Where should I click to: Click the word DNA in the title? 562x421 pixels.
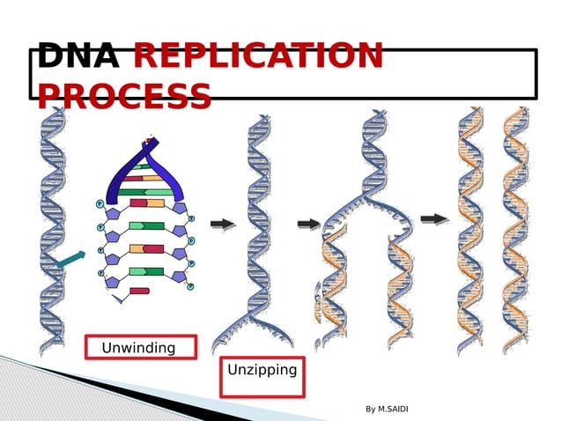pos(78,56)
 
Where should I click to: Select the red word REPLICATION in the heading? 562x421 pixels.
pos(257,56)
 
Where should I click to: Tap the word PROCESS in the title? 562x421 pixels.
pos(124,96)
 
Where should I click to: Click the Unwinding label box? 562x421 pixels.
pos(140,348)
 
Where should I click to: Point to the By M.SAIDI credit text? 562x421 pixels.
pos(387,409)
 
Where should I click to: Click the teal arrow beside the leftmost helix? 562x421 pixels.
pos(70,259)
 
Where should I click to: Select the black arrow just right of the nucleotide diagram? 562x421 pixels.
pos(223,224)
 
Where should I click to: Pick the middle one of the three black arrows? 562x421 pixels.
pos(309,224)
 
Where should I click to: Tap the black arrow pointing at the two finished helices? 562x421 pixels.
pos(434,218)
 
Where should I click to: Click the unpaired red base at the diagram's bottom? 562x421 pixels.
pos(139,291)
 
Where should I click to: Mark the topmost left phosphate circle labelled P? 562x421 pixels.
pos(100,204)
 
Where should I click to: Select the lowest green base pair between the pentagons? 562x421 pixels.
pos(146,271)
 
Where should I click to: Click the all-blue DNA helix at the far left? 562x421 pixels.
pos(52,229)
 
